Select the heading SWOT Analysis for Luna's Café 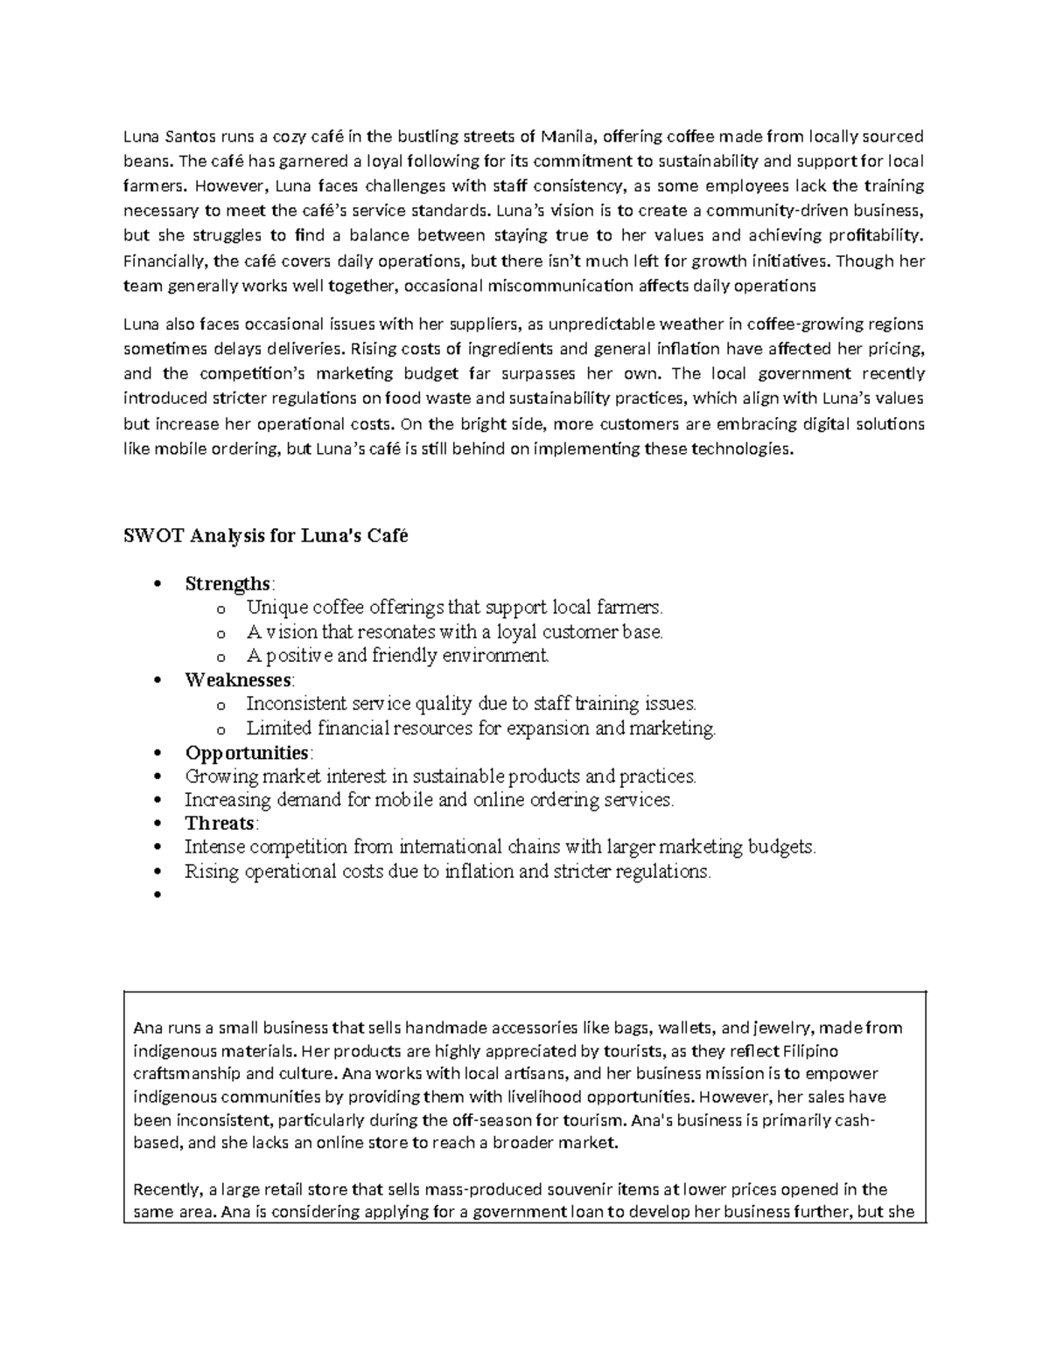point(265,536)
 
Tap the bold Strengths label point(227,583)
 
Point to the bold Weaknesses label point(238,679)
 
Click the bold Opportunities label point(247,753)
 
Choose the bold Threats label point(219,824)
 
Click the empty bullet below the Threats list point(158,895)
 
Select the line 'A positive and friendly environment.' point(397,656)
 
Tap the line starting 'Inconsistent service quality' point(471,704)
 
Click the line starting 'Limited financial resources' point(480,728)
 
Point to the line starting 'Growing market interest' point(440,776)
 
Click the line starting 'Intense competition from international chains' point(500,847)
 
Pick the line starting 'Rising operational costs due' point(447,872)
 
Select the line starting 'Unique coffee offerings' point(455,608)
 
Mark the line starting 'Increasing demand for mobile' point(429,800)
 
